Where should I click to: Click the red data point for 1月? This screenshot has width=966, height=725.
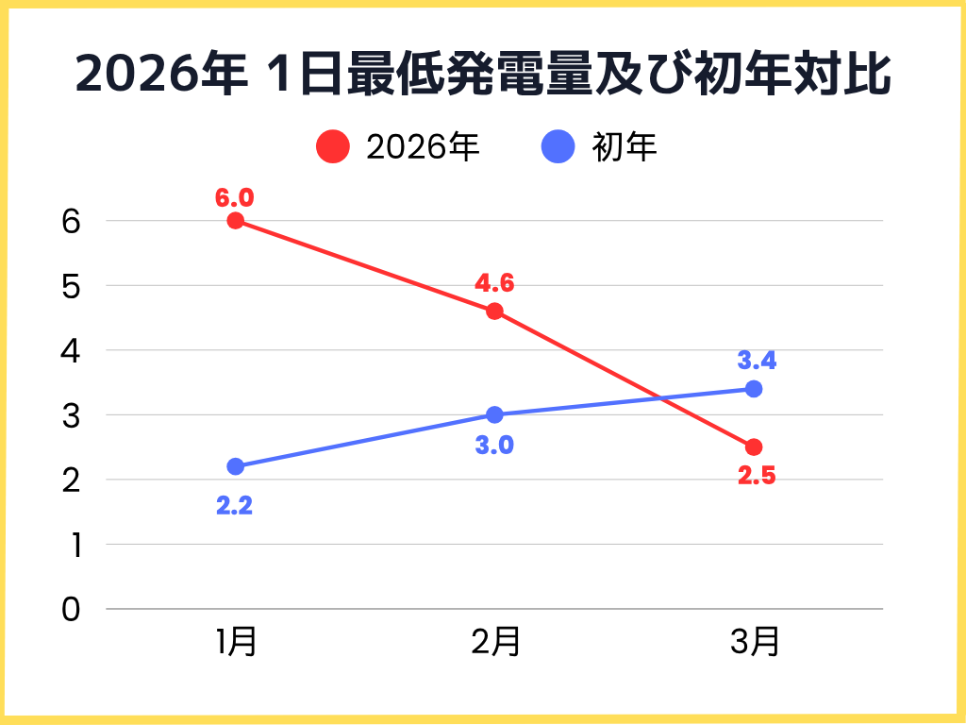click(236, 221)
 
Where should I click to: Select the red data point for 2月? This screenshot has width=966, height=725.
click(494, 312)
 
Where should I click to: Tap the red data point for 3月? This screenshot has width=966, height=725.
click(754, 447)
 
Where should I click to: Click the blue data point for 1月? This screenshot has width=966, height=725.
click(236, 466)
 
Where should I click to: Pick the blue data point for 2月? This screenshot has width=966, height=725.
click(494, 414)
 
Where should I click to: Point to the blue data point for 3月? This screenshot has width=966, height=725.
click(754, 389)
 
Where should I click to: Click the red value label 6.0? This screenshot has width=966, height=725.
click(235, 198)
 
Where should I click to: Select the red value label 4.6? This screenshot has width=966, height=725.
click(494, 284)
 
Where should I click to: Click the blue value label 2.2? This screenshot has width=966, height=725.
click(235, 506)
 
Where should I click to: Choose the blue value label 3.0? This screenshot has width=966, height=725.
click(494, 445)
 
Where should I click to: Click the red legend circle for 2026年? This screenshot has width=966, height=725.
click(333, 146)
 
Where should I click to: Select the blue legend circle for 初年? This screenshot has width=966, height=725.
click(559, 146)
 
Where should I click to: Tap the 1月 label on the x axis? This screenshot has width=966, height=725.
click(236, 643)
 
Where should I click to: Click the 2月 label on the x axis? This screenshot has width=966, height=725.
click(495, 643)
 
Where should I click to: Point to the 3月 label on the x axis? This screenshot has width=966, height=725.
click(755, 643)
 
